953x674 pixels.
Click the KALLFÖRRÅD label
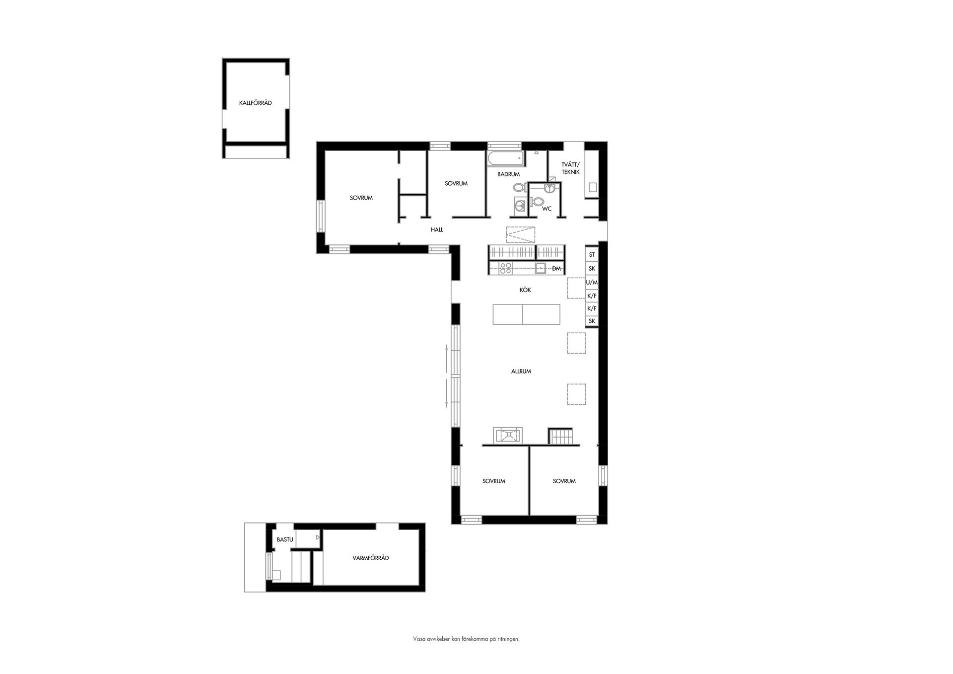point(255,103)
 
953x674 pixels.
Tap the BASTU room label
point(285,539)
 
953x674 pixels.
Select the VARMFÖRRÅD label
point(370,558)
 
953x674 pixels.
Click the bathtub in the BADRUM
point(505,158)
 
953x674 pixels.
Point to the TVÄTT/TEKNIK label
point(570,168)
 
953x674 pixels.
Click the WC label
point(546,209)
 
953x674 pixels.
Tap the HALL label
point(437,230)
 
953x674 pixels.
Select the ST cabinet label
point(592,255)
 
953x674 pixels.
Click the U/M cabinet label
point(592,282)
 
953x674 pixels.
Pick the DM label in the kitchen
point(556,269)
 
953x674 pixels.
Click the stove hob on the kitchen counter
point(505,269)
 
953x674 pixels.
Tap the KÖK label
point(525,290)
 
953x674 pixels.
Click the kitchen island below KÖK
point(526,314)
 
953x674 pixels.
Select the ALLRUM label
point(521,371)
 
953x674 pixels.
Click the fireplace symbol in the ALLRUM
point(507,435)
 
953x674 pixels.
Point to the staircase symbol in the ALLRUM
point(561,436)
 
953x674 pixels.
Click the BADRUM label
point(508,174)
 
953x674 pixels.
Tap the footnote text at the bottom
point(466,639)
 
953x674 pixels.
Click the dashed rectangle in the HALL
point(521,234)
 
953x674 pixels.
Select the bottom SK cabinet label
point(592,321)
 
